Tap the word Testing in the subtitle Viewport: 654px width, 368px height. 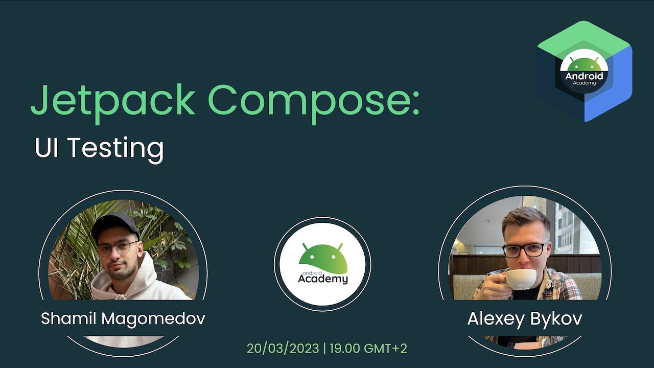pos(115,148)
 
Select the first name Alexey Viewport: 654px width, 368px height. pos(494,319)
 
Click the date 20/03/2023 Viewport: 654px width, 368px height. pos(283,349)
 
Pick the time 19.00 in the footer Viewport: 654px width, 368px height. pos(345,349)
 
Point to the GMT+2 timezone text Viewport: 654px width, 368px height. pos(385,349)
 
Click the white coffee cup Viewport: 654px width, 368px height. pos(520,279)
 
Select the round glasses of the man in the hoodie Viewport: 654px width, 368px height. pos(117,249)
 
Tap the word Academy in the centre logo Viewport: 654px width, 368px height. pos(323,279)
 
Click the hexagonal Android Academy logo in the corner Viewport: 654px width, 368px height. pos(585,71)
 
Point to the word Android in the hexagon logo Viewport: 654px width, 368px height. pos(584,76)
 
